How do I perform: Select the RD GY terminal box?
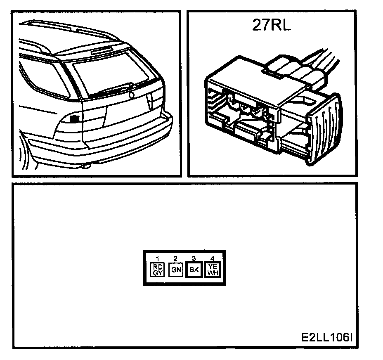point(158,270)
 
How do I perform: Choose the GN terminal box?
point(175,270)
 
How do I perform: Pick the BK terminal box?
point(194,270)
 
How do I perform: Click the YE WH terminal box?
point(213,270)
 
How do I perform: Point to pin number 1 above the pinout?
point(157,259)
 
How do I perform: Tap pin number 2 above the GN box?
point(175,259)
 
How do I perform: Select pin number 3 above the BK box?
point(194,259)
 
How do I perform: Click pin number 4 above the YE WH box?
point(213,259)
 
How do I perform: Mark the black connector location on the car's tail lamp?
point(75,119)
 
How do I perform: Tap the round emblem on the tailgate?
point(132,95)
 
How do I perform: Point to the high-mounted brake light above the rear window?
point(102,50)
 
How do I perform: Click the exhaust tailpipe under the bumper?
point(86,166)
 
